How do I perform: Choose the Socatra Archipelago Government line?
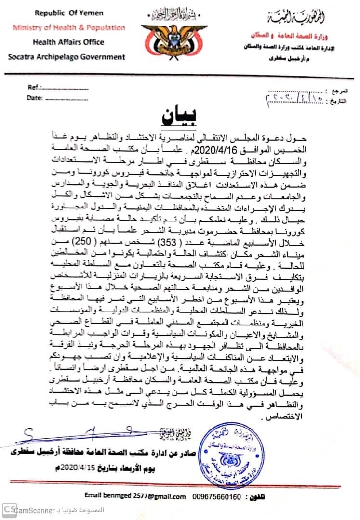(x=66, y=57)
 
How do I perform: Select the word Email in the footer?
(x=94, y=495)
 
